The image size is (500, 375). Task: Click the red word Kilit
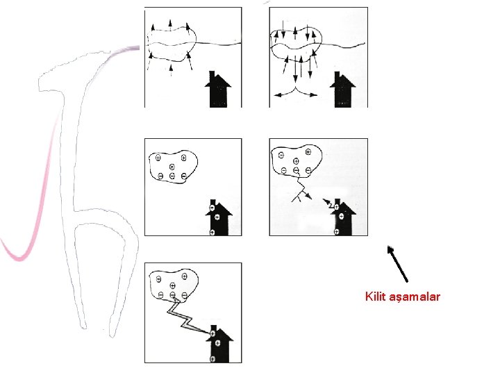coord(375,297)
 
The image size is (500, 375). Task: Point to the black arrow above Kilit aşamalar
coord(397,264)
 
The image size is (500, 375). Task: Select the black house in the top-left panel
coord(218,89)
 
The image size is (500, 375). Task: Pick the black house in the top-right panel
coord(342,90)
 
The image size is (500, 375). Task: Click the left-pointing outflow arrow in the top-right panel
coord(285,94)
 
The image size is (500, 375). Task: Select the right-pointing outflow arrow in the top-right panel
coord(307,94)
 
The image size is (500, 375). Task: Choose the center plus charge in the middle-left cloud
coord(172,167)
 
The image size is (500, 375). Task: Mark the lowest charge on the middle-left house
coord(212,233)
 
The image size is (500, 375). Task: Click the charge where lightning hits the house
coord(212,333)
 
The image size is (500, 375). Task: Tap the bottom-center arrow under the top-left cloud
coord(172,70)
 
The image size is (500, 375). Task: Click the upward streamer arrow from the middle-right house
coord(328,203)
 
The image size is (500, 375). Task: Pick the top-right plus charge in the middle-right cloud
coord(308,152)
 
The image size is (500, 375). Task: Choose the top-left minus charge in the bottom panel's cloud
coord(158,279)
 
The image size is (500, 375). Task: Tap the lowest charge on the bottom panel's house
coord(212,359)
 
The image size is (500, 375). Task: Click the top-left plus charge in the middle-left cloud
coord(158,158)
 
